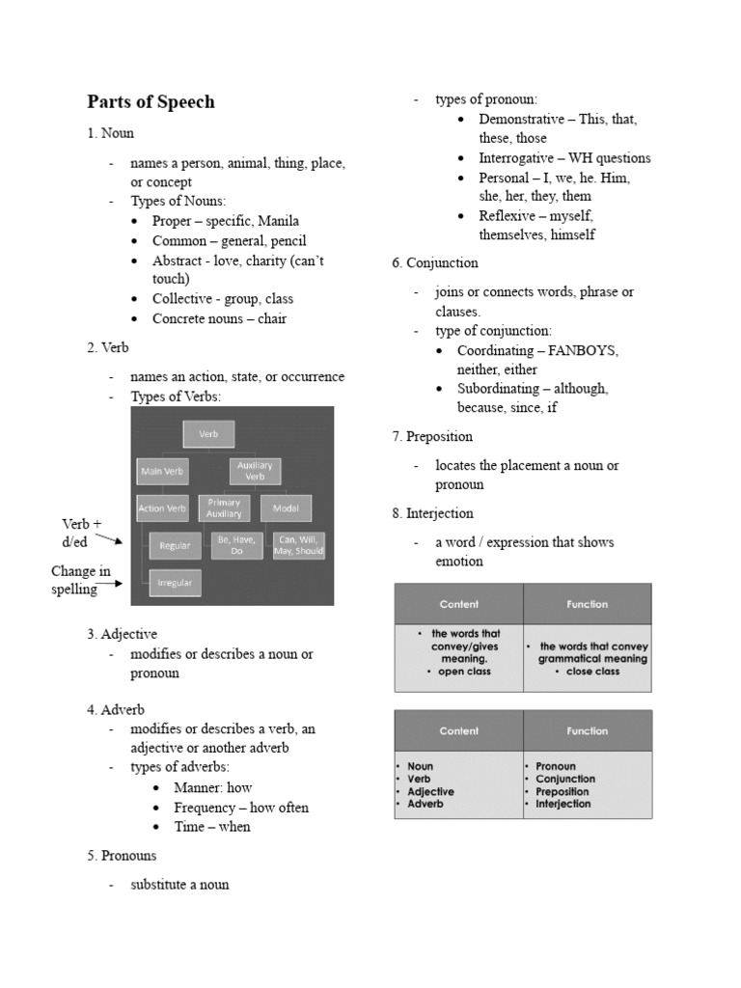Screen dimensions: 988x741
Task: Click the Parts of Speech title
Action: click(x=151, y=102)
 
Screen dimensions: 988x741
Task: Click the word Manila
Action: click(x=278, y=221)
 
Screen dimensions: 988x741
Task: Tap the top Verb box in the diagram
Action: click(x=208, y=434)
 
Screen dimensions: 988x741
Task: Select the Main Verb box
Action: click(x=162, y=472)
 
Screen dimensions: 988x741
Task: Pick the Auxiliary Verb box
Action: click(x=255, y=471)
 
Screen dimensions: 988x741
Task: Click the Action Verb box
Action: click(x=162, y=508)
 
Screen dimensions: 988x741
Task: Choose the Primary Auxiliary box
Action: click(x=224, y=508)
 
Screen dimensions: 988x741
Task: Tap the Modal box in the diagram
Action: click(x=286, y=508)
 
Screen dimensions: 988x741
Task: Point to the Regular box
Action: click(x=175, y=546)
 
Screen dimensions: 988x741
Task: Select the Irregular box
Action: click(x=175, y=583)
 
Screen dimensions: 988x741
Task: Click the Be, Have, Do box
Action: click(x=235, y=545)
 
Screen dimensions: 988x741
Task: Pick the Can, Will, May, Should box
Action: click(x=298, y=545)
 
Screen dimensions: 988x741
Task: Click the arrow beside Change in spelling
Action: click(x=110, y=584)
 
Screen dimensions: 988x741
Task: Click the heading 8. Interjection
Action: click(x=432, y=513)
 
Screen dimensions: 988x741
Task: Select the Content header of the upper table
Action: click(x=458, y=604)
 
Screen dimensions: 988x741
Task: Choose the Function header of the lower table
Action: click(x=587, y=730)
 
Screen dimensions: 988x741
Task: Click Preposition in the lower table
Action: click(x=563, y=791)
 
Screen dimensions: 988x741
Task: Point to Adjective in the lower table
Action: click(x=430, y=791)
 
